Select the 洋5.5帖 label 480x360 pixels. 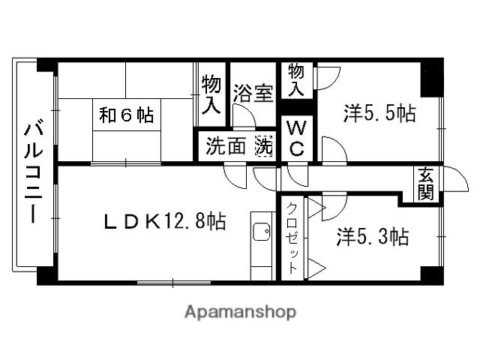click(x=379, y=114)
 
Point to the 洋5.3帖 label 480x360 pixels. click(x=372, y=238)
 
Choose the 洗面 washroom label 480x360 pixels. click(x=226, y=146)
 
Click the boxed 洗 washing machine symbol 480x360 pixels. click(x=264, y=145)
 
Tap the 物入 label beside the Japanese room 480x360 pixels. click(x=211, y=94)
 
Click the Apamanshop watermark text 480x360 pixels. click(x=240, y=312)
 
